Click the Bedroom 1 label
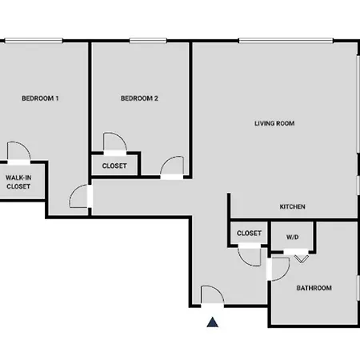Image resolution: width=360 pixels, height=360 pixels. click(40, 98)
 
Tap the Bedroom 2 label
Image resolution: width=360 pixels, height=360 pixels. click(139, 98)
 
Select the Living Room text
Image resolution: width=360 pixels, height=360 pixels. click(274, 123)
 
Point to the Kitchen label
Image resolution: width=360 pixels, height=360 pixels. click(292, 206)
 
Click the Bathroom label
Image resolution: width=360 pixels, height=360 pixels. click(314, 288)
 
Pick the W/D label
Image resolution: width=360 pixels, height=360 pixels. click(292, 237)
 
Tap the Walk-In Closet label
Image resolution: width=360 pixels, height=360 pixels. click(18, 182)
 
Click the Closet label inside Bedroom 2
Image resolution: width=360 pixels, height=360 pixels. click(114, 166)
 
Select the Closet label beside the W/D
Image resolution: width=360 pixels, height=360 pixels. click(249, 234)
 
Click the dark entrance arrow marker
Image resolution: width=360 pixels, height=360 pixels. click(213, 322)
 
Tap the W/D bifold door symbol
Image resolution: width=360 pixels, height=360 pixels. click(302, 258)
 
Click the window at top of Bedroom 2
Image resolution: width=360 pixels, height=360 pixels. click(148, 41)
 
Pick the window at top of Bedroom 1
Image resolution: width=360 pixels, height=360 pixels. click(34, 41)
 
